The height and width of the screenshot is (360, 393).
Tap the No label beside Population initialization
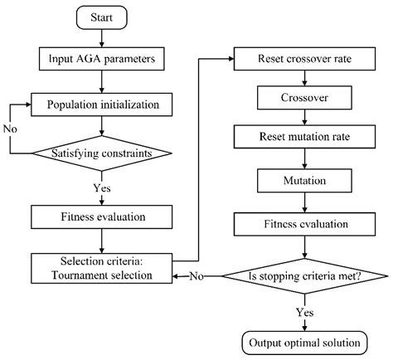(x=10, y=129)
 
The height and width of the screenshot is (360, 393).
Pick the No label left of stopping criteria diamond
(x=196, y=275)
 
